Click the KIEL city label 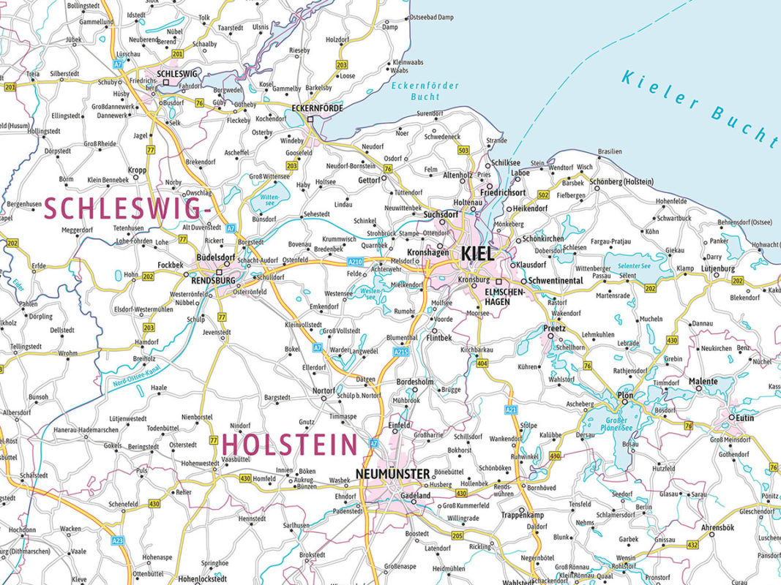click(478, 254)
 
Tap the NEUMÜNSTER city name click(392, 474)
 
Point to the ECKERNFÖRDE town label click(317, 107)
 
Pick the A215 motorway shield click(400, 352)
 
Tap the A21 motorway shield click(511, 410)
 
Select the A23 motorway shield click(117, 540)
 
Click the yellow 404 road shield click(482, 363)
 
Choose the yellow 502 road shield click(542, 195)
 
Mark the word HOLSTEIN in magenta click(290, 445)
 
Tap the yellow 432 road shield click(692, 544)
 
